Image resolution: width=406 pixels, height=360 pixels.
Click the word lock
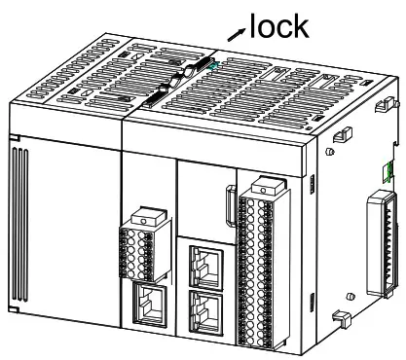pos(280,26)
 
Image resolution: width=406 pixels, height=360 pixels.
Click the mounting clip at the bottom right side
pos(342,317)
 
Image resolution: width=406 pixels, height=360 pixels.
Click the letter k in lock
pos(302,26)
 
